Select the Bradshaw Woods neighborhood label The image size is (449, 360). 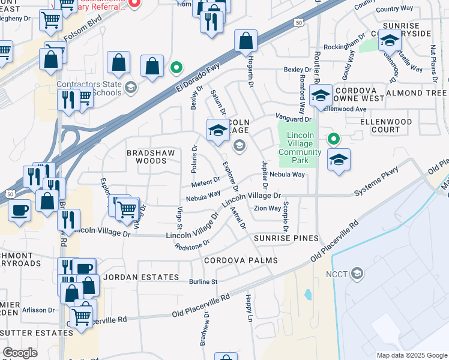point(146,157)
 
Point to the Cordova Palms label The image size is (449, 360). point(241,260)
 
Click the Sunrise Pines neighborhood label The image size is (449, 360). point(285,238)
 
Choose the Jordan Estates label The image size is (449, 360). point(140,277)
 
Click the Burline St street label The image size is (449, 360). point(203,281)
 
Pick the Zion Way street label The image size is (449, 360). point(267,209)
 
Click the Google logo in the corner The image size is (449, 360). point(19,353)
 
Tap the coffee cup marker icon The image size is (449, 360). point(19,211)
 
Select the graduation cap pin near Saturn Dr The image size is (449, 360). point(217,130)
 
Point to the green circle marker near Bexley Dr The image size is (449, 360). point(176,67)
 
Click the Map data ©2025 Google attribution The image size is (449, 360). point(412,355)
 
